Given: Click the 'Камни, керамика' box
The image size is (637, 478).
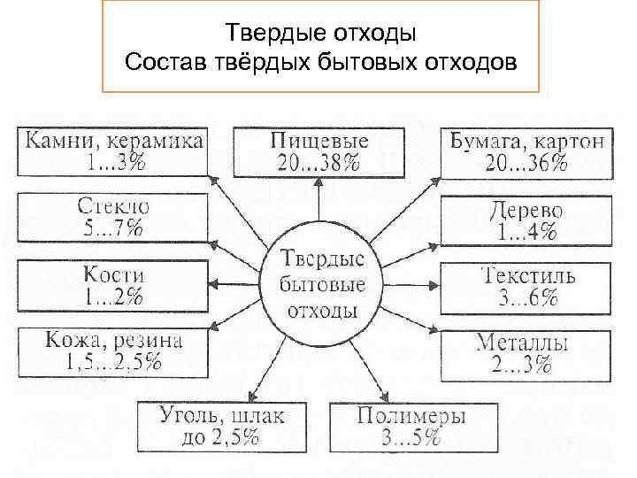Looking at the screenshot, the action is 112,151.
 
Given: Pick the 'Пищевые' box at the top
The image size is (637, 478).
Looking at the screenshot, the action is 319,151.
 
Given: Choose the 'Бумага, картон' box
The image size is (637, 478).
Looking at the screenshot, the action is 527,151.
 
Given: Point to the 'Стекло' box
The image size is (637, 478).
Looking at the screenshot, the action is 112,217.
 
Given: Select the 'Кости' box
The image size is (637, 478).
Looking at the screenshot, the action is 112,285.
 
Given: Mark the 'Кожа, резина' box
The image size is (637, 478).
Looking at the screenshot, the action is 112,351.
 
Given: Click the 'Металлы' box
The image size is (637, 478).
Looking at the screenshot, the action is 527,354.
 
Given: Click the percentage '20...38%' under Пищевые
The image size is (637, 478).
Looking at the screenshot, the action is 319,163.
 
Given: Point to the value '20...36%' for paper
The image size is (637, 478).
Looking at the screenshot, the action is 527,163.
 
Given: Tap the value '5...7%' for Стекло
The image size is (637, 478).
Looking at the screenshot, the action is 112,228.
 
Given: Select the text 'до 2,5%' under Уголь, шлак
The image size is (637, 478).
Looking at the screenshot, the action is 210,436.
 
